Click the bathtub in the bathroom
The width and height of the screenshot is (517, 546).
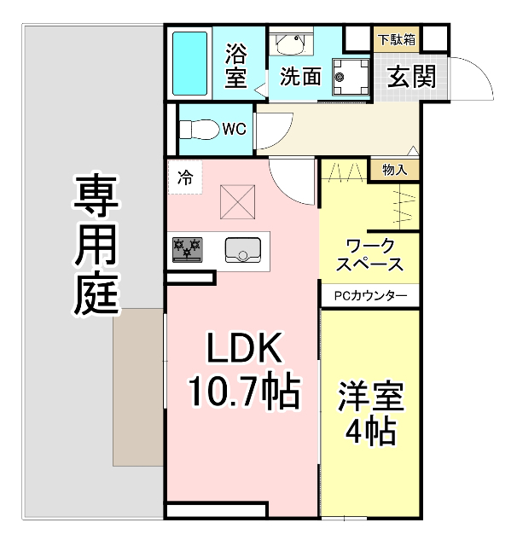191,64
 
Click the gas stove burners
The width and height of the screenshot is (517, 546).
188,248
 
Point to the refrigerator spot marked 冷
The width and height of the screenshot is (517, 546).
185,178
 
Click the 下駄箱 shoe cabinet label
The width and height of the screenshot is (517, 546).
398,39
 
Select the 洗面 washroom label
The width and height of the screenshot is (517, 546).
300,77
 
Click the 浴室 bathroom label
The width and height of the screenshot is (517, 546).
236,67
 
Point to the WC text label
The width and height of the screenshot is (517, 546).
235,130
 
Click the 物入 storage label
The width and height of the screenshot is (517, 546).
395,170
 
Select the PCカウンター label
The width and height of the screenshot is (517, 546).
370,296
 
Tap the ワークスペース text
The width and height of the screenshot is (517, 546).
369,253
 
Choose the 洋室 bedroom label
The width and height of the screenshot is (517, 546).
370,398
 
